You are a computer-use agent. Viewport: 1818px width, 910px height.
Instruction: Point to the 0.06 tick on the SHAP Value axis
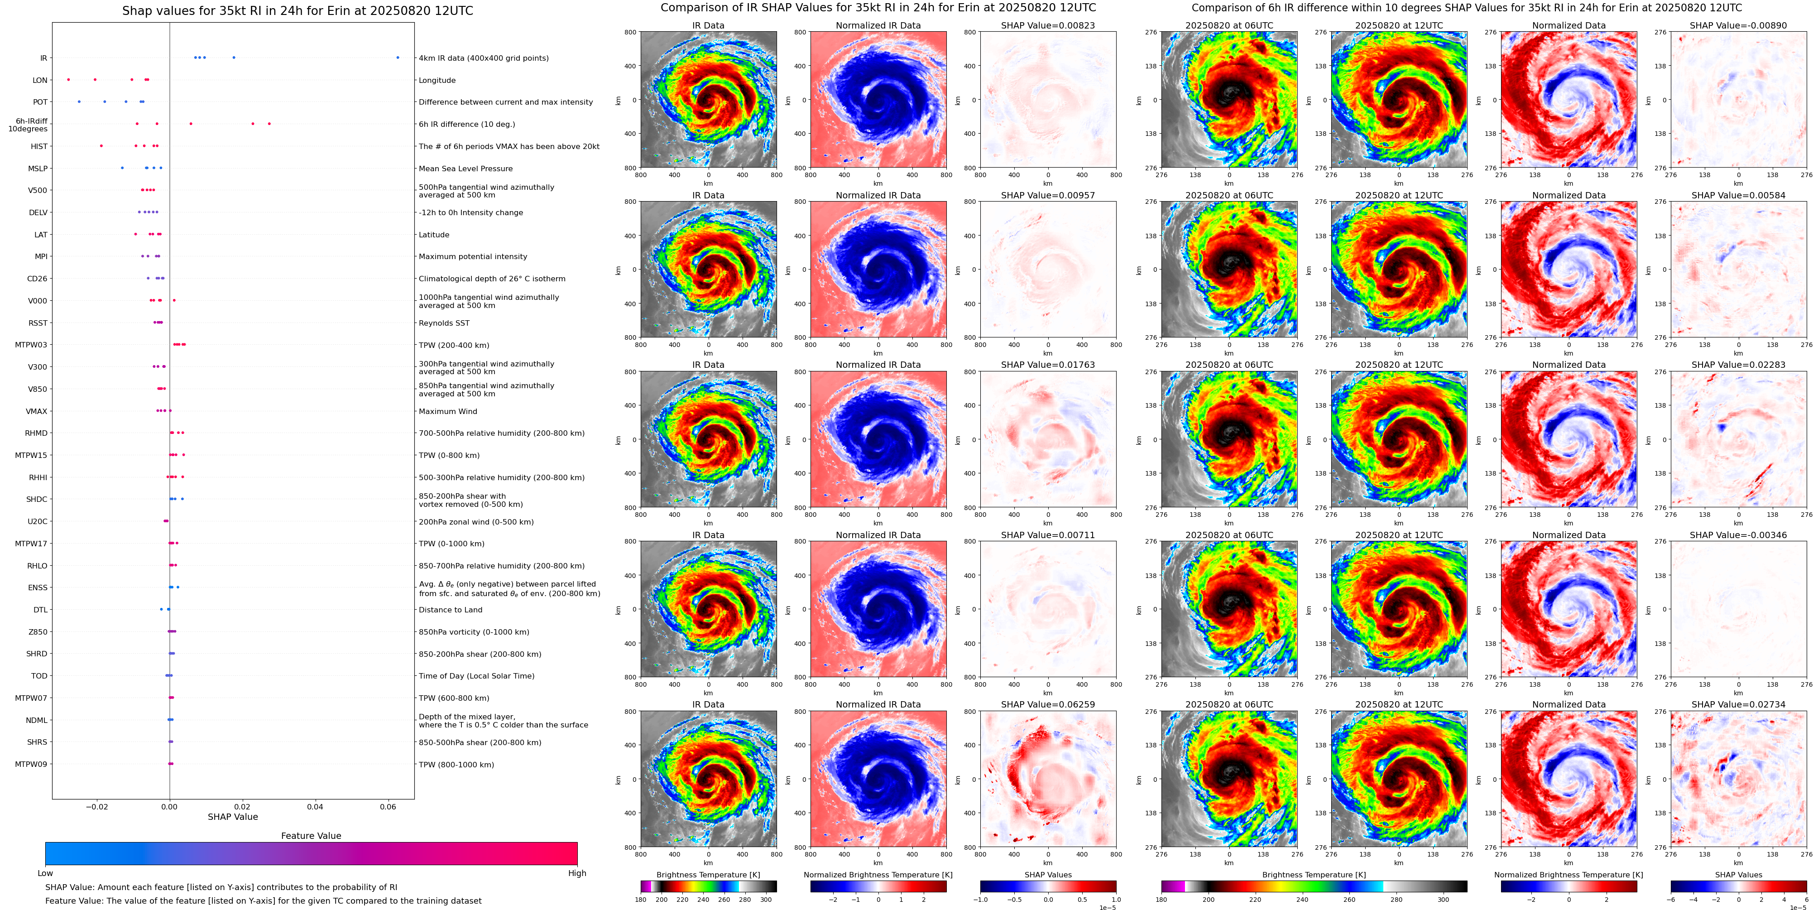pyautogui.click(x=388, y=806)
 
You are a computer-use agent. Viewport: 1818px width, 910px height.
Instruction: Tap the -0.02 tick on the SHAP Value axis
pyautogui.click(x=97, y=806)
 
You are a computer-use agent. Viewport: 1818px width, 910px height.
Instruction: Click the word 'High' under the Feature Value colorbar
pyautogui.click(x=576, y=873)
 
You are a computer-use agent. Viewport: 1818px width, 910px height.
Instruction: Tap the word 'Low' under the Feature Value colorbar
pyautogui.click(x=45, y=873)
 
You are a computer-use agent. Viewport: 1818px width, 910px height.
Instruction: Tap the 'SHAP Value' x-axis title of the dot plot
pyautogui.click(x=232, y=817)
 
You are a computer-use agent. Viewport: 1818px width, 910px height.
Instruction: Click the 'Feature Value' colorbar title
pyautogui.click(x=311, y=836)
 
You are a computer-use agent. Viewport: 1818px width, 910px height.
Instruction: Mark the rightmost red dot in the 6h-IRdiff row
pyautogui.click(x=269, y=124)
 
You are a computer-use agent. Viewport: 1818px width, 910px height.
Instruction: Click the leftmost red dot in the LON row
pyautogui.click(x=68, y=80)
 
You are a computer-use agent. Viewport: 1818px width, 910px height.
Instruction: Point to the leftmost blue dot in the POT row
pyautogui.click(x=79, y=101)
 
